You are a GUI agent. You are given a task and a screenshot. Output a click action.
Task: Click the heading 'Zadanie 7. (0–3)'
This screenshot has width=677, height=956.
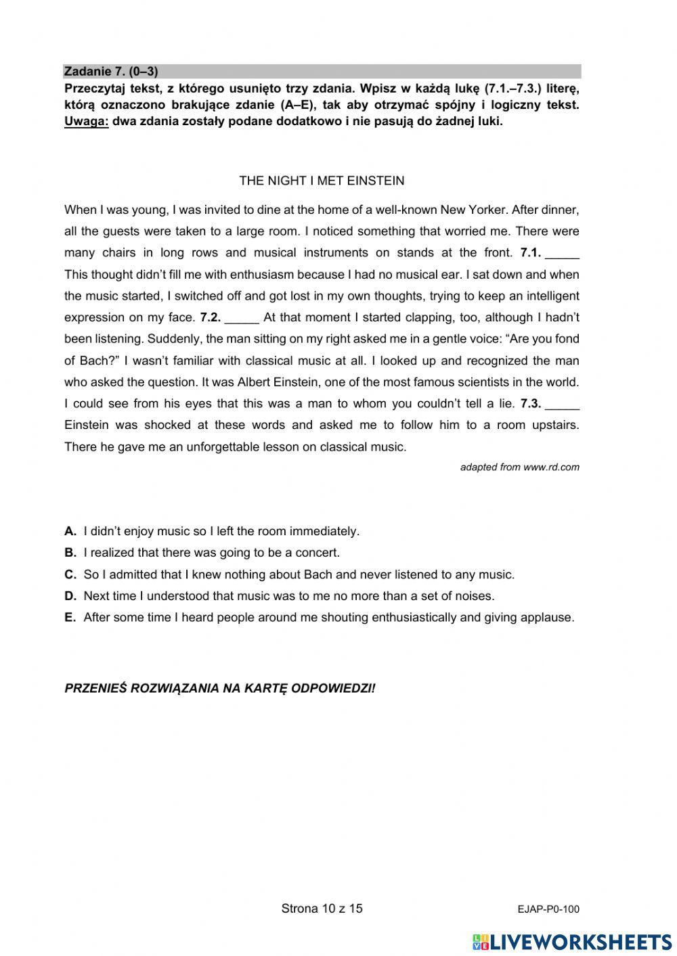pos(111,71)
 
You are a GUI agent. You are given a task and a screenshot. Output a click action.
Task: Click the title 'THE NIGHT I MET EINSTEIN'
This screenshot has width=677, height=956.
pos(322,181)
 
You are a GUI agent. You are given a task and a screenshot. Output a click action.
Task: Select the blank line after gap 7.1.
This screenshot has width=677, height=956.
pos(562,253)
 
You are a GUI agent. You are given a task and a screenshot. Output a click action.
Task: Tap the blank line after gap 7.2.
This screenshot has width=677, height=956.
pos(242,317)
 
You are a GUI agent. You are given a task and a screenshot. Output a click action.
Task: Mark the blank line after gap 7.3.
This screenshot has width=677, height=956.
pos(562,404)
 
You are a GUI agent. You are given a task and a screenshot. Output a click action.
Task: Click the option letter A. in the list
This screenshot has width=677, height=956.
pos(70,531)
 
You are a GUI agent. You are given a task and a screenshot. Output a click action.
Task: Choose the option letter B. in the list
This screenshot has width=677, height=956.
pos(70,553)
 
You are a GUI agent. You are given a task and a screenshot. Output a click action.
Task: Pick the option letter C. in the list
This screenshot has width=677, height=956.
pos(70,574)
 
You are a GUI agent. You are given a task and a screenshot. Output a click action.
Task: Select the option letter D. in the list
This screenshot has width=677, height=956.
pos(70,596)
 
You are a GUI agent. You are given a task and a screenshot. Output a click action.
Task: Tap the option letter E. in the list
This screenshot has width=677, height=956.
pos(70,617)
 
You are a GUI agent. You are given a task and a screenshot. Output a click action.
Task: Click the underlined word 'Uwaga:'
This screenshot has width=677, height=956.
pos(86,122)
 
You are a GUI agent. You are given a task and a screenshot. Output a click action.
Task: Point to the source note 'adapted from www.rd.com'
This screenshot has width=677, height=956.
pos(519,467)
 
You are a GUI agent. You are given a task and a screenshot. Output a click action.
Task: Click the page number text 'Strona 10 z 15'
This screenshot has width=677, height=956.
pos(322,908)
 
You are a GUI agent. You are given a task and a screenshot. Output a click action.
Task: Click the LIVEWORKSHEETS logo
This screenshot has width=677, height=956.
pos(572,941)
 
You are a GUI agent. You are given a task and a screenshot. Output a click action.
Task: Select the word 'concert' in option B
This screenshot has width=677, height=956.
pos(317,553)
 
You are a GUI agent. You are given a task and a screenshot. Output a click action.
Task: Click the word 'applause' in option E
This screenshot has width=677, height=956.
pos(549,617)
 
